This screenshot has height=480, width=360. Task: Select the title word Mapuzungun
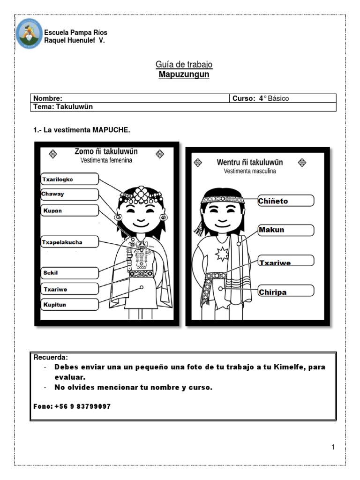[x=184, y=75]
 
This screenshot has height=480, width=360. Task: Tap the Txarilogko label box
[x=69, y=179]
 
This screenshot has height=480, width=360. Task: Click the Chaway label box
[x=69, y=194]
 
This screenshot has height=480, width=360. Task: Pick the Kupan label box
[x=69, y=210]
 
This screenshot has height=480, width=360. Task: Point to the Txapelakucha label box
[x=69, y=242]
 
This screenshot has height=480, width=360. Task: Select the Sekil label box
[x=69, y=273]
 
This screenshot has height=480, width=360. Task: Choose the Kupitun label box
[x=69, y=304]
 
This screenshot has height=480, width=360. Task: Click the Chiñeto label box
[x=285, y=201]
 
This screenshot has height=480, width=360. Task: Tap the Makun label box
[x=285, y=230]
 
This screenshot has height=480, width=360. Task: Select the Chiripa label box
[x=285, y=292]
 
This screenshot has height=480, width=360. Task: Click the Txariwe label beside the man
[x=285, y=262]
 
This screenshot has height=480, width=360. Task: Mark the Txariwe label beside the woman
[x=69, y=289]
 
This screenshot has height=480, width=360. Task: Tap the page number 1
[x=333, y=447]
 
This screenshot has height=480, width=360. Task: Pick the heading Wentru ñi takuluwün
[x=249, y=162]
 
